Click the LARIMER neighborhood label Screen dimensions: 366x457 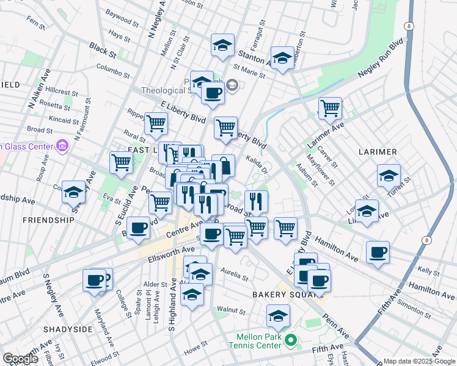(x=378, y=151)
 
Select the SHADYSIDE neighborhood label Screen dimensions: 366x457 (x=67, y=329)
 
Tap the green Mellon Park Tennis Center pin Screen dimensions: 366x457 (x=291, y=340)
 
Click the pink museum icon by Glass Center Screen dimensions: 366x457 (x=61, y=146)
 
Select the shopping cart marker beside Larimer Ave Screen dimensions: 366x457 (x=330, y=108)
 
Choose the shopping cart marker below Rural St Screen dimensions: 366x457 (x=121, y=162)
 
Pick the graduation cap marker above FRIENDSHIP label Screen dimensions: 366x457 (x=73, y=191)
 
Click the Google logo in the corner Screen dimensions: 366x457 (x=20, y=359)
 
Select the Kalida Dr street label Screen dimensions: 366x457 (x=257, y=164)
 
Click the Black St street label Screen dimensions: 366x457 (x=98, y=47)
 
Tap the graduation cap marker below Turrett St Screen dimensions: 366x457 (x=367, y=212)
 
